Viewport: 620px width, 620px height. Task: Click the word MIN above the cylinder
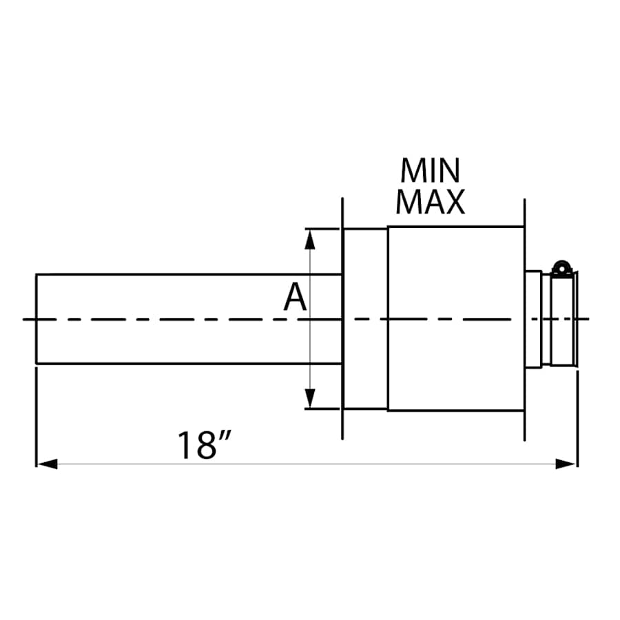(431, 171)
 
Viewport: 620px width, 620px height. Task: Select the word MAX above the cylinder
(431, 201)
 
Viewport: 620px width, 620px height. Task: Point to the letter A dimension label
(296, 298)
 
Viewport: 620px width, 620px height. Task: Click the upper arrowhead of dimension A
(310, 238)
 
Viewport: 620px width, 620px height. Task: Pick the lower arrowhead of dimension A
(310, 398)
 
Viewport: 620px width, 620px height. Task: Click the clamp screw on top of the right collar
(563, 267)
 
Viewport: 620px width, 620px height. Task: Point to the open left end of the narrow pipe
(37, 319)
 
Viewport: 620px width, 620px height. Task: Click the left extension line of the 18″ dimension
(36, 420)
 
